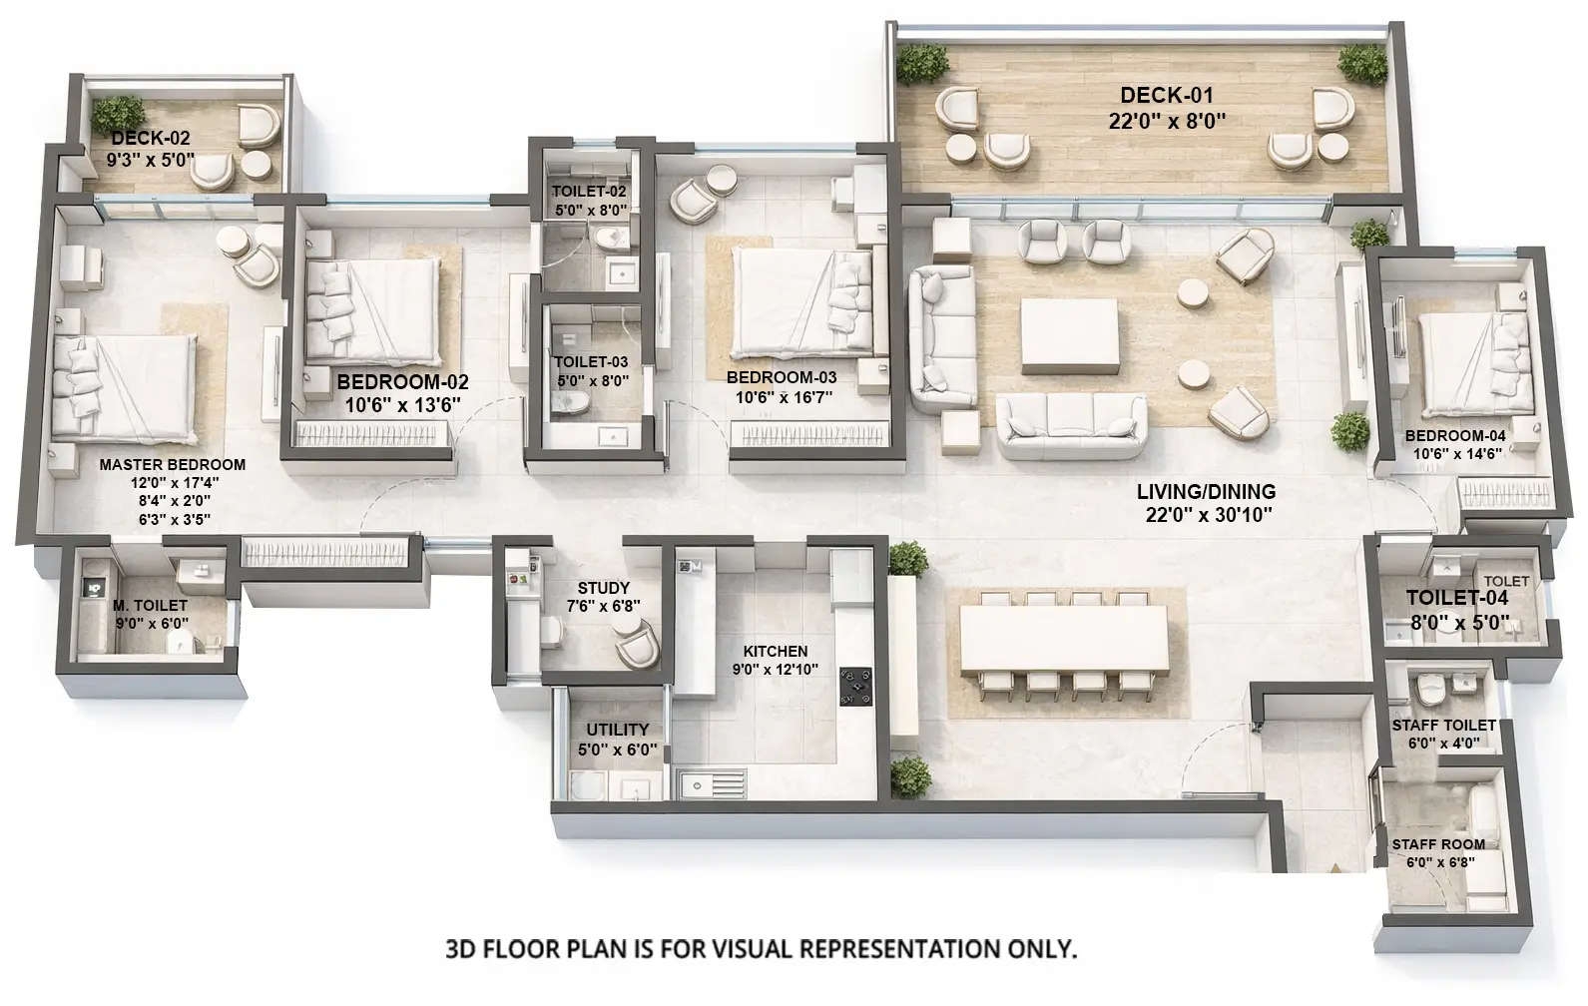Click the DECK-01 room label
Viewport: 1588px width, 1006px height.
(1166, 96)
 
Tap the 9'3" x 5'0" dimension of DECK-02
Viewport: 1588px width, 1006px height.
(151, 159)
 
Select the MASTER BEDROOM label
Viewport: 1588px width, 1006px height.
(172, 465)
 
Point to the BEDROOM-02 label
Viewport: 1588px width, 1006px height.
(402, 382)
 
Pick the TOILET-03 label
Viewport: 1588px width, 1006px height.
(591, 362)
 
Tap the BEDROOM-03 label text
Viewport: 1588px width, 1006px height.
(782, 378)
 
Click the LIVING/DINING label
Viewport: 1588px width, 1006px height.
(1206, 492)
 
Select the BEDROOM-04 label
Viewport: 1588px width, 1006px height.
(1455, 436)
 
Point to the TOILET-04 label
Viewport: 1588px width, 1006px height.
(1457, 599)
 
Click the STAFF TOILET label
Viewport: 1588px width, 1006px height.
(1443, 726)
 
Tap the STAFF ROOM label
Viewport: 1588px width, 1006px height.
(1438, 844)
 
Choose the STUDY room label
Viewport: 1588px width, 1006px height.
(603, 589)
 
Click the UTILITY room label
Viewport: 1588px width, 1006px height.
(617, 730)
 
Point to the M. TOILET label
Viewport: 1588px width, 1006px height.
(150, 606)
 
